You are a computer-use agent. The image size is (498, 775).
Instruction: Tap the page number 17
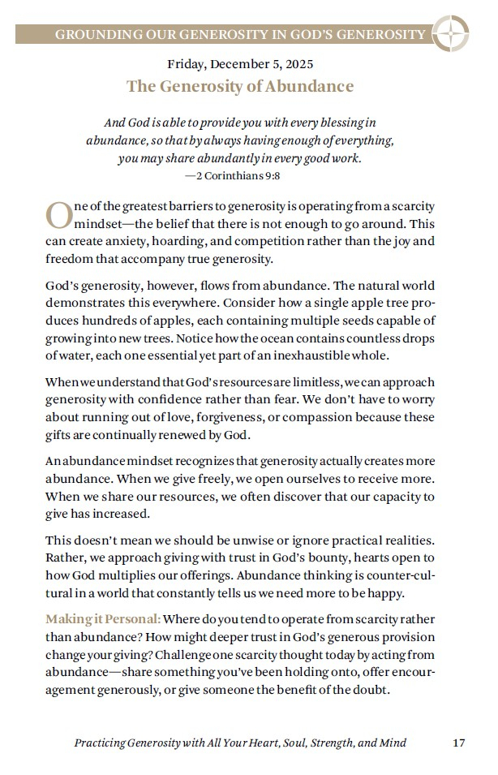click(x=458, y=743)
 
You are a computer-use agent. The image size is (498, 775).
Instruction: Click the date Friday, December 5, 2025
click(x=239, y=63)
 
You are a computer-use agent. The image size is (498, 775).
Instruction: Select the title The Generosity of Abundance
click(x=239, y=86)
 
